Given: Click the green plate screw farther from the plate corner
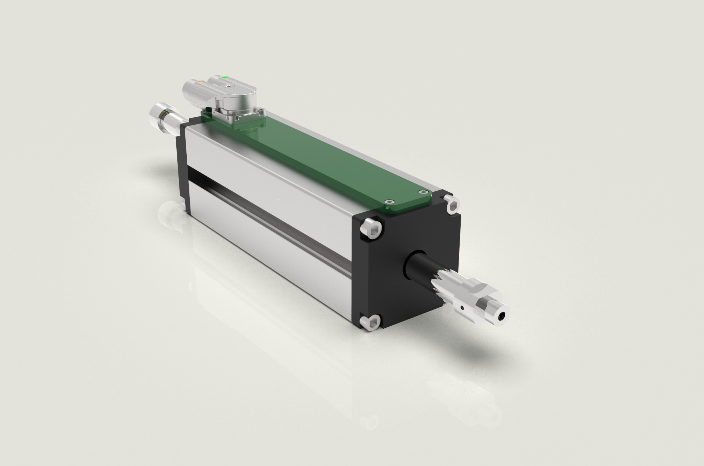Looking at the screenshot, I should tap(388, 202).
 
